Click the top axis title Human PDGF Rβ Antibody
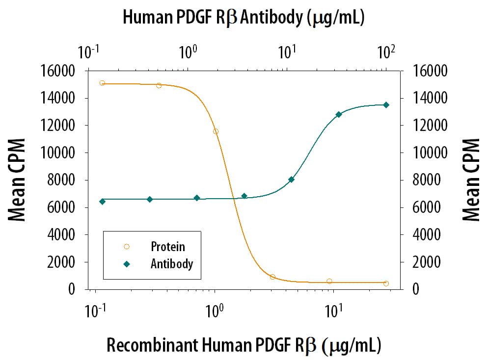[243, 18]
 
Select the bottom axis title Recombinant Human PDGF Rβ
[244, 345]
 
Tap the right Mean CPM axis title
[471, 180]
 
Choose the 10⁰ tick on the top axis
[188, 51]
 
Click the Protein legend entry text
[167, 247]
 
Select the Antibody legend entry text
[172, 264]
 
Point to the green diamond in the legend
[127, 264]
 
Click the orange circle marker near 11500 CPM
[216, 131]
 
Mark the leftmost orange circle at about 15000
[102, 83]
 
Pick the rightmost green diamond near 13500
[386, 104]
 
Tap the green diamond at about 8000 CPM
[291, 180]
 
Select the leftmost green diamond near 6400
[102, 201]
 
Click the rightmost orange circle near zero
[386, 283]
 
